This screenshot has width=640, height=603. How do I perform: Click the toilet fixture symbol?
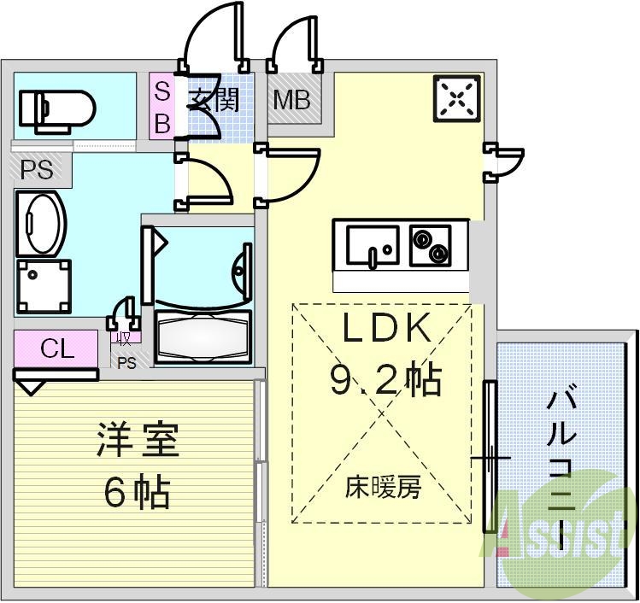pos(56,108)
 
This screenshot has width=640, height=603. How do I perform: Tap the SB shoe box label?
pos(161,106)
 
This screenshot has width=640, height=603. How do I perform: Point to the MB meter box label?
pos(291,101)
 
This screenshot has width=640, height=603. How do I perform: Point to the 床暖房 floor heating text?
pos(384,488)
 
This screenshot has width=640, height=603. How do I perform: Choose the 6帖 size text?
pos(137,491)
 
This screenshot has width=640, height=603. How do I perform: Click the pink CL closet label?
pos(57,348)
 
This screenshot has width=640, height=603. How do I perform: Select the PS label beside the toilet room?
pos(37,170)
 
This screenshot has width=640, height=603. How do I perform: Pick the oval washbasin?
pos(40,224)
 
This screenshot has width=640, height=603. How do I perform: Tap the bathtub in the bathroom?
pos(203,337)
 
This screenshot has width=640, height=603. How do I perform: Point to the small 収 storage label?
pos(125,338)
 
